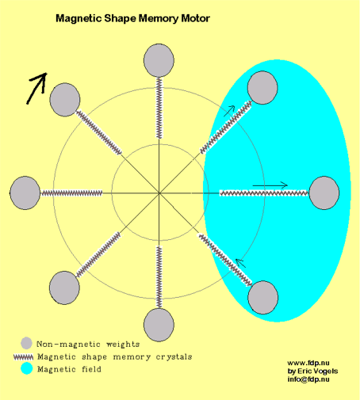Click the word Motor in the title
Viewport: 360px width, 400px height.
(x=195, y=18)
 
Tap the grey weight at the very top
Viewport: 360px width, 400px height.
(x=159, y=60)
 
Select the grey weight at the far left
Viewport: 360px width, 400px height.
(x=25, y=193)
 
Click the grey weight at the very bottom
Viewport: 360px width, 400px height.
(x=159, y=325)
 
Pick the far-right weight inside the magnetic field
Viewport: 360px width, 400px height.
(x=324, y=193)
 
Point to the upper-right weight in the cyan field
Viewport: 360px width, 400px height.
(x=262, y=88)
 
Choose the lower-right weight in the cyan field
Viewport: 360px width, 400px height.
(x=262, y=298)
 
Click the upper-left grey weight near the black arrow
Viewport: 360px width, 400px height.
(x=65, y=100)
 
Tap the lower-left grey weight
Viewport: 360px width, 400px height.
(x=64, y=288)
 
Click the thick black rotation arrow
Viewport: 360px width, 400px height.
(x=36, y=89)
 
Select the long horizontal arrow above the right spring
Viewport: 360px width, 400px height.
(x=270, y=185)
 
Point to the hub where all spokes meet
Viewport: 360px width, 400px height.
(x=159, y=193)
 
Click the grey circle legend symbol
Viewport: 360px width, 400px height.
(x=26, y=343)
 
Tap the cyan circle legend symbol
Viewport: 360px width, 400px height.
(x=26, y=368)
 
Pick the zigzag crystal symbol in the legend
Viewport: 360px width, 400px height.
(x=24, y=357)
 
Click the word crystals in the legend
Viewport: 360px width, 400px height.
(x=174, y=357)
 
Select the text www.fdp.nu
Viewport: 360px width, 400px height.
(x=308, y=363)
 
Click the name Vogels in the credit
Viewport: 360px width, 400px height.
(x=326, y=371)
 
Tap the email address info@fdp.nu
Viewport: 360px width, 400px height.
(x=308, y=379)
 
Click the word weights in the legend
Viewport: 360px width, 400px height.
(x=123, y=345)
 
